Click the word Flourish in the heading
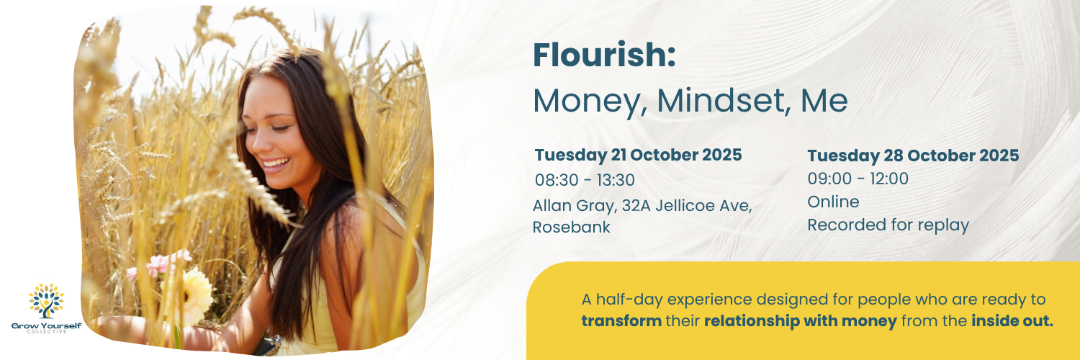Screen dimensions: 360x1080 point(603,57)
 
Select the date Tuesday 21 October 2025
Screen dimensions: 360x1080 point(638,156)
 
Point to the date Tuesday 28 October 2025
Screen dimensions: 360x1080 point(913,156)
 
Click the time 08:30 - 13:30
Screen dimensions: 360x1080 point(585,180)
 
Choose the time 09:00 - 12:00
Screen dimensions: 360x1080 point(858,179)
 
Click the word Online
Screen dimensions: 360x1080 point(833,202)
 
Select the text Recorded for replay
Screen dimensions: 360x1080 point(888,225)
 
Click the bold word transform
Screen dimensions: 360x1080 point(621,321)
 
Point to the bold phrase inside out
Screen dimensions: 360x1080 point(1012,321)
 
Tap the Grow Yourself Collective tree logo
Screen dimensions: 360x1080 point(46,301)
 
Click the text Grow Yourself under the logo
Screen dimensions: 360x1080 point(46,326)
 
